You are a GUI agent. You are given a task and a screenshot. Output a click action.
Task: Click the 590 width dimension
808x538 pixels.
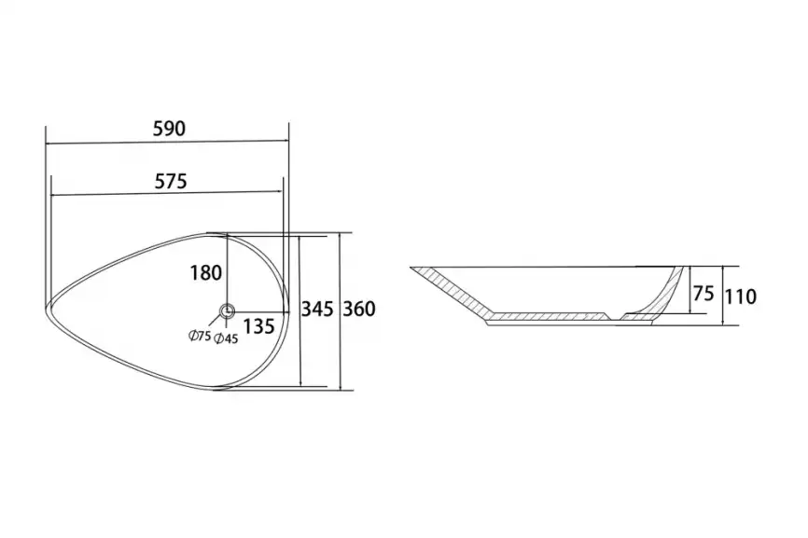tap(169, 128)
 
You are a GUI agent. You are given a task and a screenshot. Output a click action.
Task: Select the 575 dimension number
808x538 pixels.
tap(171, 181)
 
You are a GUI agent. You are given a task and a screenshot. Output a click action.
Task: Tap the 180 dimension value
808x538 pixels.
tap(206, 272)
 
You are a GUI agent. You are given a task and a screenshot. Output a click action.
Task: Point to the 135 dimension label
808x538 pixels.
tap(258, 326)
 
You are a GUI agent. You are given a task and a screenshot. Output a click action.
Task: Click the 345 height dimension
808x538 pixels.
tap(317, 309)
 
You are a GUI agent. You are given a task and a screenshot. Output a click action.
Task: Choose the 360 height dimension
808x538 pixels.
tap(359, 309)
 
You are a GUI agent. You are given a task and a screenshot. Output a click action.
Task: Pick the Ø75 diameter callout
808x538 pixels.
tap(200, 337)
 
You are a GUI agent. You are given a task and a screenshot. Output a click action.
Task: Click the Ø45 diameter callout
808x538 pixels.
tap(226, 338)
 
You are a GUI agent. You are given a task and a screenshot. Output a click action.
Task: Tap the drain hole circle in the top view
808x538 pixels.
tap(228, 311)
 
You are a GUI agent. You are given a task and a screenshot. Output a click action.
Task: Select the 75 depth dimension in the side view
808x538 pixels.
tap(704, 294)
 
